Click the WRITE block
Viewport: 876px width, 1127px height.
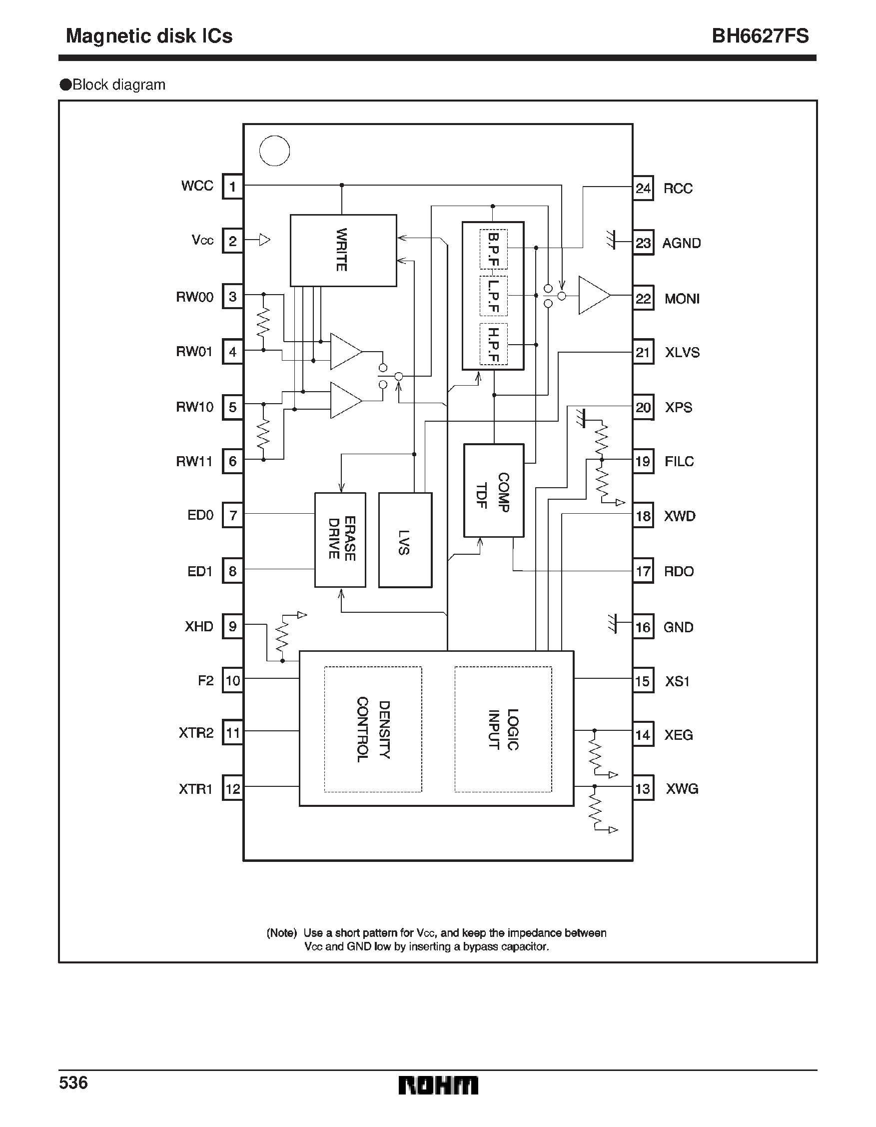[x=343, y=250]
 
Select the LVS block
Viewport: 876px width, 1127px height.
[x=405, y=540]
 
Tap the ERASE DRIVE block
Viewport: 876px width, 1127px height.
[x=340, y=540]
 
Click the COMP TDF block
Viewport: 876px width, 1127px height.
[x=493, y=490]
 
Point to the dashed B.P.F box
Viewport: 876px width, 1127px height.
[x=493, y=249]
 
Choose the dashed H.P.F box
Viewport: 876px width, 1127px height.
[x=493, y=344]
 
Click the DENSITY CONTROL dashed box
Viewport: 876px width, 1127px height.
[x=373, y=729]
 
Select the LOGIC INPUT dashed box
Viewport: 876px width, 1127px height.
[x=503, y=729]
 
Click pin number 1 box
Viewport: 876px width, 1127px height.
[x=232, y=186]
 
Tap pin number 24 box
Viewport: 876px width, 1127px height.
[x=643, y=189]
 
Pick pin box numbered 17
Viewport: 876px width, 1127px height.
[x=643, y=571]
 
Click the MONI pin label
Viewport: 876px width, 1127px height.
[x=682, y=299]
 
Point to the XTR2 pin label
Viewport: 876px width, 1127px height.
[x=196, y=733]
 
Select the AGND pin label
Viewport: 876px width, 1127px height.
[x=681, y=243]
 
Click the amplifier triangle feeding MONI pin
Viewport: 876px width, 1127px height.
[x=593, y=295]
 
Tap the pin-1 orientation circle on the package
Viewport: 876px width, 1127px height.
[x=274, y=151]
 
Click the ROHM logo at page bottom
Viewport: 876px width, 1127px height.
[x=438, y=1085]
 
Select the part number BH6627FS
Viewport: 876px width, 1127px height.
[x=760, y=36]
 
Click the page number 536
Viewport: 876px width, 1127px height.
[x=73, y=1082]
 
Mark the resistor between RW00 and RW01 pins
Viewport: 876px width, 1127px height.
[x=263, y=322]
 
